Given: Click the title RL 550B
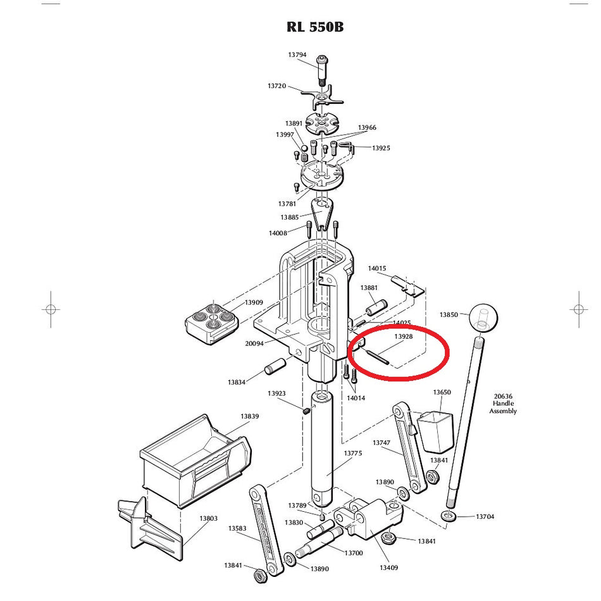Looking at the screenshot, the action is tap(315, 27).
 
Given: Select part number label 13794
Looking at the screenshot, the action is tap(297, 55).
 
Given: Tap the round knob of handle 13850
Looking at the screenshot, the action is tap(483, 318).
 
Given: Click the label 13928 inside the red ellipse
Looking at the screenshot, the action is tap(403, 337).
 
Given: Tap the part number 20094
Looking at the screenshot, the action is tap(254, 344).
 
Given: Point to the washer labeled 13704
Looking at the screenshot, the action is tap(449, 516).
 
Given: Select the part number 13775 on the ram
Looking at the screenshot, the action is tap(352, 453).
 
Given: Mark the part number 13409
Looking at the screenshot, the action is tap(388, 567).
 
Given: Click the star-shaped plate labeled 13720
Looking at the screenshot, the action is tap(323, 98).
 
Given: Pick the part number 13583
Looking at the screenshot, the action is tap(237, 528).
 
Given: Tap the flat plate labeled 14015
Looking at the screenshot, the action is tap(408, 285).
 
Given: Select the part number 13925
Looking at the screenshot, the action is tap(381, 148).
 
